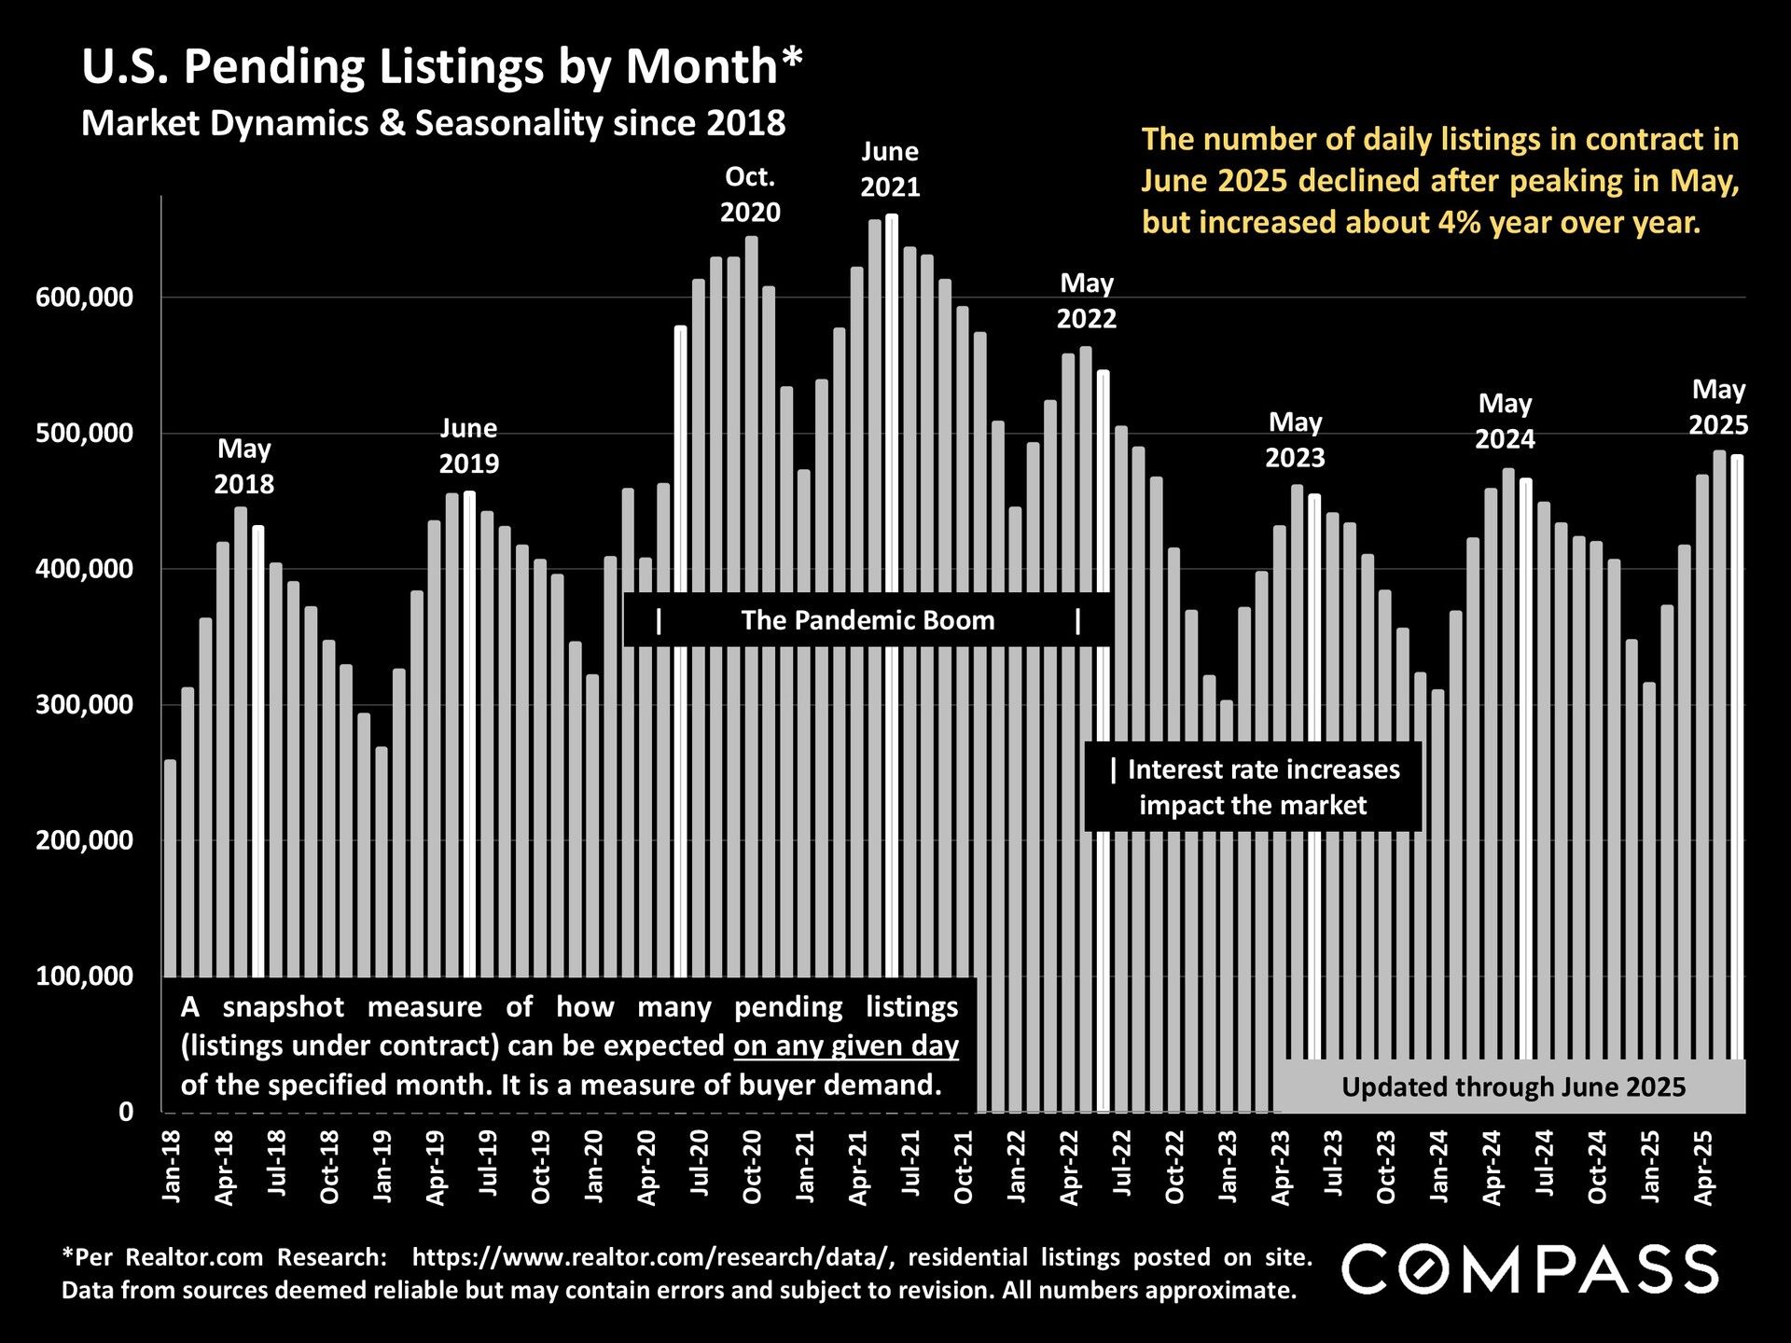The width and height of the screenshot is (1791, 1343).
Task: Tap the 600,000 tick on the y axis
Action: point(85,298)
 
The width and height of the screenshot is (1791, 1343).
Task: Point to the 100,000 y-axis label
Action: point(85,976)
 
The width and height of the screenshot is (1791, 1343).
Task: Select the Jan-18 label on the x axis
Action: point(172,1165)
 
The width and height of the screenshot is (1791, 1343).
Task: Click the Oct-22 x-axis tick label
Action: point(1175,1165)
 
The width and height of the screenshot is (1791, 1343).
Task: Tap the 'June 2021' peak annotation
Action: point(890,169)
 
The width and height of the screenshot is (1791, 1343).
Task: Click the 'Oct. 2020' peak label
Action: point(750,194)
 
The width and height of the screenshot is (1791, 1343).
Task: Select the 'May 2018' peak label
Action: point(244,466)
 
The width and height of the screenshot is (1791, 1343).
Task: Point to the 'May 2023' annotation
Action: point(1295,439)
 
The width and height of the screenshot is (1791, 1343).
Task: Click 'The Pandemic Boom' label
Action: point(868,620)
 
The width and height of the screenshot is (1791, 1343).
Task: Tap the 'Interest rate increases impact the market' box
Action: point(1253,787)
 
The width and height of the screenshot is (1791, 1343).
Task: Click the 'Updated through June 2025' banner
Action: point(1512,1087)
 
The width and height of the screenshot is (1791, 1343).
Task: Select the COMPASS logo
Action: point(1529,1269)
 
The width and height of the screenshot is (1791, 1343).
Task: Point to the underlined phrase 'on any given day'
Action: point(846,1045)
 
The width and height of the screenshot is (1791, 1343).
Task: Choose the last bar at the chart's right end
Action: point(1737,746)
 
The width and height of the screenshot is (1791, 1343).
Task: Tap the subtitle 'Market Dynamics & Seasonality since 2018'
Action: point(434,123)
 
